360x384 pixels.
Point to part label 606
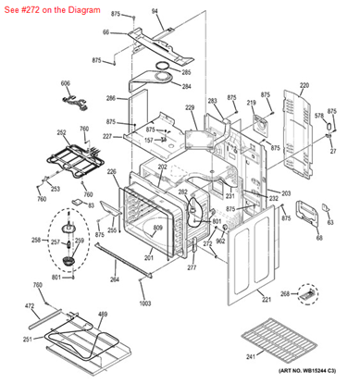click(66, 83)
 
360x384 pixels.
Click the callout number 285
click(186, 72)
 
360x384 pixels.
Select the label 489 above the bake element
click(103, 315)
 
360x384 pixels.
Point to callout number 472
click(30, 305)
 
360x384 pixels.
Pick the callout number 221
click(267, 300)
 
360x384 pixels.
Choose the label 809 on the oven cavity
click(157, 227)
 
